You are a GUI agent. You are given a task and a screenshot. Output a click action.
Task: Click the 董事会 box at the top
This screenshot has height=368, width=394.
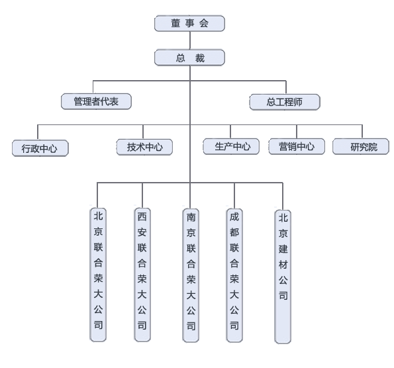(189, 23)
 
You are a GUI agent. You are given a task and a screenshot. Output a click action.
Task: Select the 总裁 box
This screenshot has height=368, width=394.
(189, 58)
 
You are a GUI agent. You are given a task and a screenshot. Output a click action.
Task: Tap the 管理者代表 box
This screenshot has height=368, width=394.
(96, 101)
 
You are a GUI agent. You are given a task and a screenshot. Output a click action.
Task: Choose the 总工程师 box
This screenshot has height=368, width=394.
(285, 102)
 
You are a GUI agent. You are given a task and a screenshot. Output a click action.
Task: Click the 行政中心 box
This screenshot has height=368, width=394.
(40, 148)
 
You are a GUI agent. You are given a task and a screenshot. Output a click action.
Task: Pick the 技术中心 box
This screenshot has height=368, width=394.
(144, 147)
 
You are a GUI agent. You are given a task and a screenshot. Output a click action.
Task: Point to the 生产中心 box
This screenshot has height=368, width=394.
(231, 146)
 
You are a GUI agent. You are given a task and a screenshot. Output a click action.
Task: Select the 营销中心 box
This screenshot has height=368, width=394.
(297, 146)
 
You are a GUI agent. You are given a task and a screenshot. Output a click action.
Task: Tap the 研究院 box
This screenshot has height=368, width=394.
(361, 146)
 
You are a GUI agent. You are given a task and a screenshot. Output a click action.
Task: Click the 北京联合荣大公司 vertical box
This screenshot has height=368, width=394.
(98, 275)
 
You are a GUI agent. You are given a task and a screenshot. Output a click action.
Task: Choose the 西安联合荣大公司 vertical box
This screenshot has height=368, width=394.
(142, 275)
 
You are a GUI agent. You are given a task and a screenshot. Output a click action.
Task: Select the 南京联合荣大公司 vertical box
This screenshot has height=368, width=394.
(191, 275)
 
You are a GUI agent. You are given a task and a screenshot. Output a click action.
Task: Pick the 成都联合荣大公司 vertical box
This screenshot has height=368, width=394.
(234, 275)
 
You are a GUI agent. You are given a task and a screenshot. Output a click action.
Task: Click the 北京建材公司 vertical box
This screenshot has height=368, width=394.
(283, 277)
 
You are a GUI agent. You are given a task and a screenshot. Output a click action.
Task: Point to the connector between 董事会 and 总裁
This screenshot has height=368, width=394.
(189, 40)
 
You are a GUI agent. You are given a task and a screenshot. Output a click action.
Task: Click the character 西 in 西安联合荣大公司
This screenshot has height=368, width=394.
(142, 216)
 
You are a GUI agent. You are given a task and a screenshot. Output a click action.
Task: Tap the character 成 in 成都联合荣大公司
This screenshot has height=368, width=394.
(234, 216)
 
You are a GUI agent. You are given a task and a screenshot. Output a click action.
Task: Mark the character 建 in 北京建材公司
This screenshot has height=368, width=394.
(283, 249)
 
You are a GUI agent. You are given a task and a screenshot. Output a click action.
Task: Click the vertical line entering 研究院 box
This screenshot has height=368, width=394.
(362, 131)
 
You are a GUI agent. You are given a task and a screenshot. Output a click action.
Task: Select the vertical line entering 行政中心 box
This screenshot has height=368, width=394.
(38, 132)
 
